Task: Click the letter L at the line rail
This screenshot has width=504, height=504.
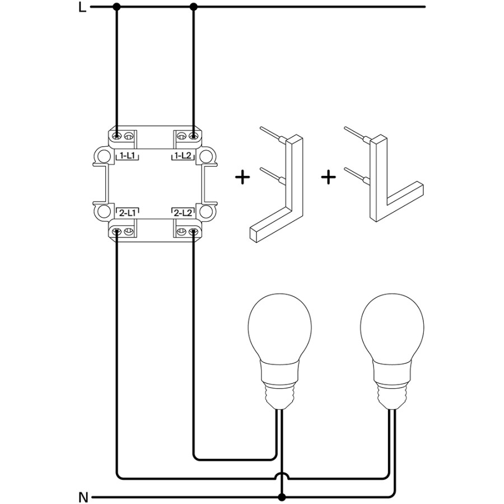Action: tap(83, 8)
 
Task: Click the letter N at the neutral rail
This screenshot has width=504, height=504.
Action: tap(83, 497)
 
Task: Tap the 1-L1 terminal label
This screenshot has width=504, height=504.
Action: tap(127, 156)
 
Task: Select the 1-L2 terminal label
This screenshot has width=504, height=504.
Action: tap(184, 156)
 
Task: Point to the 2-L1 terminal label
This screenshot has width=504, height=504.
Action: tap(127, 213)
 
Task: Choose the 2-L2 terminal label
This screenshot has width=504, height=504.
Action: tap(184, 213)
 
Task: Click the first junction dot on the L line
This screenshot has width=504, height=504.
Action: tap(116, 7)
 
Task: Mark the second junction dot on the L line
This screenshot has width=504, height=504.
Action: tap(194, 7)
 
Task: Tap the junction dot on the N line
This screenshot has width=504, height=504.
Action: tap(283, 497)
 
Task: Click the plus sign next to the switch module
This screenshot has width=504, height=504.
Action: tap(242, 178)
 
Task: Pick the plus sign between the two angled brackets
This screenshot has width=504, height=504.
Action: tap(329, 178)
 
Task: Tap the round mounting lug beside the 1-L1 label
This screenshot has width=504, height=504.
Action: tap(102, 155)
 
